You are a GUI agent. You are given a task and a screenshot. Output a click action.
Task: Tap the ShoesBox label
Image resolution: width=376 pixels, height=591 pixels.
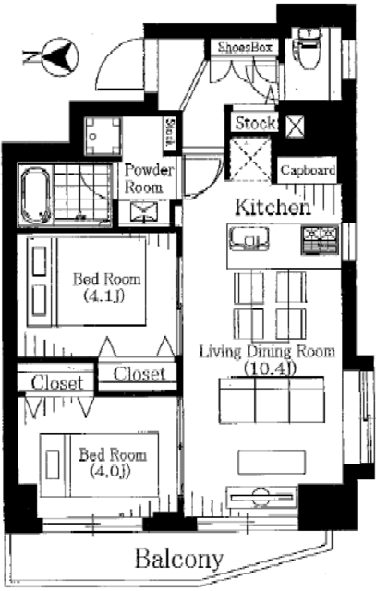pos(245,47)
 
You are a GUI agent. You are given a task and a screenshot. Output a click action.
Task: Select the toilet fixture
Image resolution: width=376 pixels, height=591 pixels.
pos(309,48)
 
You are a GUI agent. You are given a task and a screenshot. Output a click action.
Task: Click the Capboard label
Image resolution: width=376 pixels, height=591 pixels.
pos(308,170)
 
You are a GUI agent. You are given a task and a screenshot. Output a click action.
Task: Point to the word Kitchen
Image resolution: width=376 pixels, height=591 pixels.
pos(273,207)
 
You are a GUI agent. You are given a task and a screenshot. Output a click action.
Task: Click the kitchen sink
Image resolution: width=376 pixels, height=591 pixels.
pos(249,240)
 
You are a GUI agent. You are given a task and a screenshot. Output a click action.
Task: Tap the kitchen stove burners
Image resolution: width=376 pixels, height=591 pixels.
pos(320,240)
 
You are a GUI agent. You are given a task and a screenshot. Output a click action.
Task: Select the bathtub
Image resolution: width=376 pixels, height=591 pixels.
pos(36,195)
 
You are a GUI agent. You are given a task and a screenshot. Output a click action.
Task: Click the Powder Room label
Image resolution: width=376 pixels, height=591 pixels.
pos(148,178)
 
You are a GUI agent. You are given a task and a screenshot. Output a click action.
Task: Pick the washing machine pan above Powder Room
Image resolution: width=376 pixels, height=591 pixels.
pos(103,136)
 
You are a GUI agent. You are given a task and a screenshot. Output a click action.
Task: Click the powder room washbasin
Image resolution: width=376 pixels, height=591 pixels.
pos(144,212)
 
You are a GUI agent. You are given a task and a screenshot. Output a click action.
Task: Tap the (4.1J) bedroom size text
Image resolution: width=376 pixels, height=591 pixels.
pos(104,295)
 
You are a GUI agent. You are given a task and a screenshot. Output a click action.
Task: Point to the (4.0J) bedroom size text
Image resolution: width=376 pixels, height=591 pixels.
pos(110,471)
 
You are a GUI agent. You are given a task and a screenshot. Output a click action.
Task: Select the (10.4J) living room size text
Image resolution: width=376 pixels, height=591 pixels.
pos(270,368)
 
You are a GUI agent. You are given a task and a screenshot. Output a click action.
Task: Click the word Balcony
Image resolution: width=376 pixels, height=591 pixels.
pos(179,559)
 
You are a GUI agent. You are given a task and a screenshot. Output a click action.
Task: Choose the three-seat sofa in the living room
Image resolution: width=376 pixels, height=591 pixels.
pos(272,400)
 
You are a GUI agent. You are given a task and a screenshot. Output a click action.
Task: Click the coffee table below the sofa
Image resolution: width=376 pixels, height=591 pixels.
pos(272,462)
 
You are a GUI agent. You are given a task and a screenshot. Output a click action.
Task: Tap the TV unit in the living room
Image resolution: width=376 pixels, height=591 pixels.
pos(261,497)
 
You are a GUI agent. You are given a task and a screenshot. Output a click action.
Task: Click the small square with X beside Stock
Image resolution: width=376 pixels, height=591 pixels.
pos(296,126)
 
